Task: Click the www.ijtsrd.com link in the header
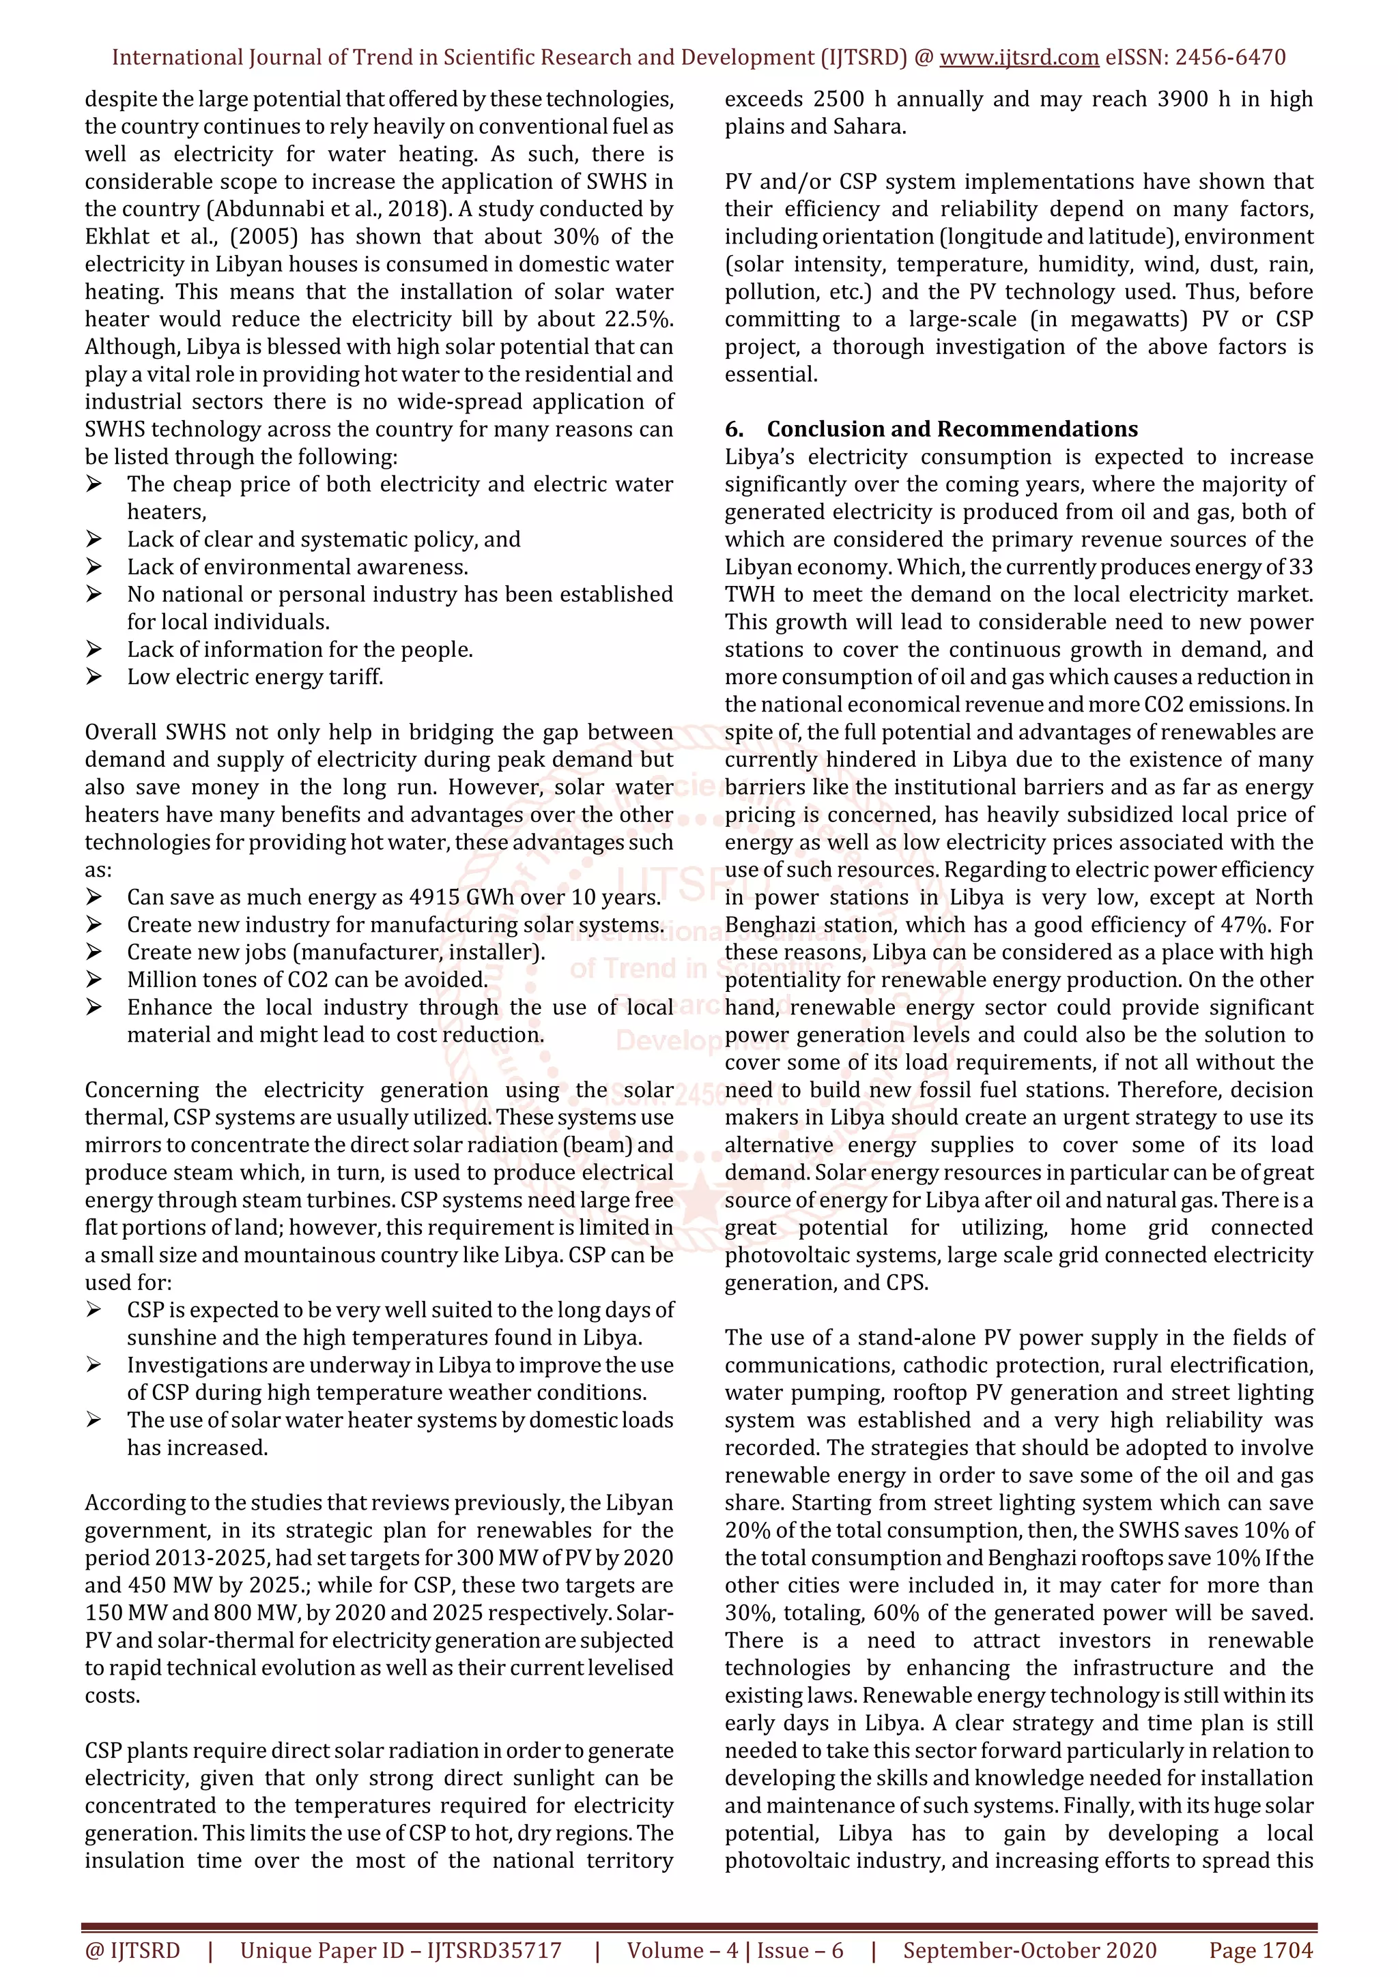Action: (1018, 58)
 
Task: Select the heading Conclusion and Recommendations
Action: (952, 429)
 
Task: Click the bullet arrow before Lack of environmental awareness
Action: (94, 567)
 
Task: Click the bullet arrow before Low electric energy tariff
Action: (94, 677)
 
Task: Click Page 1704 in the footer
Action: (1260, 1950)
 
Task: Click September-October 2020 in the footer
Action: (1029, 1950)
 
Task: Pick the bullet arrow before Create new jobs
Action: (94, 952)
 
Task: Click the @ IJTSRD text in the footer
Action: (132, 1950)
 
